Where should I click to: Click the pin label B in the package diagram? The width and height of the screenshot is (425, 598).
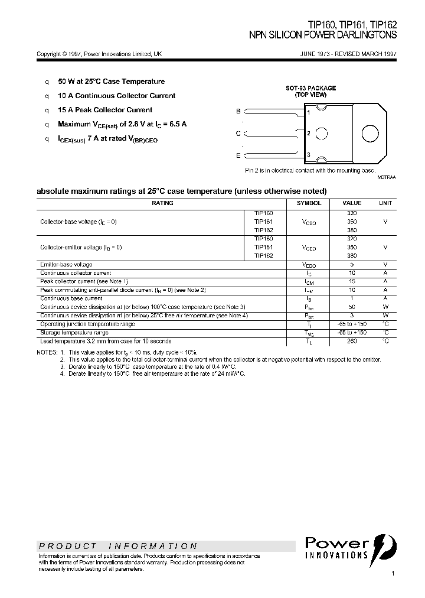238,111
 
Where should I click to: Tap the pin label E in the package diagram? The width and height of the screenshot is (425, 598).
238,155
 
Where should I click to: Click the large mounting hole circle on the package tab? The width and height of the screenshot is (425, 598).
370,134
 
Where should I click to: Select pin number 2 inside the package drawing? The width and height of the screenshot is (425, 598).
309,134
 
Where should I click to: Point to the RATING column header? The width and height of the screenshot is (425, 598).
162,203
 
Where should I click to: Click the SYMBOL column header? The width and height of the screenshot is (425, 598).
309,203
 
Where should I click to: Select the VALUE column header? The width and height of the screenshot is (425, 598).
352,203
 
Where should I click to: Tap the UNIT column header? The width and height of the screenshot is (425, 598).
385,203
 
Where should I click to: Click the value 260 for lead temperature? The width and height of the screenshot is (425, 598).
352,341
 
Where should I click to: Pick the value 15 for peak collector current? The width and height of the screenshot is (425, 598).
352,281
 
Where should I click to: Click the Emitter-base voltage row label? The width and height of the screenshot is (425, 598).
66,264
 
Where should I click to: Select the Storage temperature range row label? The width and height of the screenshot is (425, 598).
74,333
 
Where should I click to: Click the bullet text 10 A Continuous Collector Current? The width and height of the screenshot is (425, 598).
116,96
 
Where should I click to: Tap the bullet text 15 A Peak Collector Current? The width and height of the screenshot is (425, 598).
105,110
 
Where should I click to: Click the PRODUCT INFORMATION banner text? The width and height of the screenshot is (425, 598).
118,546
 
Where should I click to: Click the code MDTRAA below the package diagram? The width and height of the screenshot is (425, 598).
387,177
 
